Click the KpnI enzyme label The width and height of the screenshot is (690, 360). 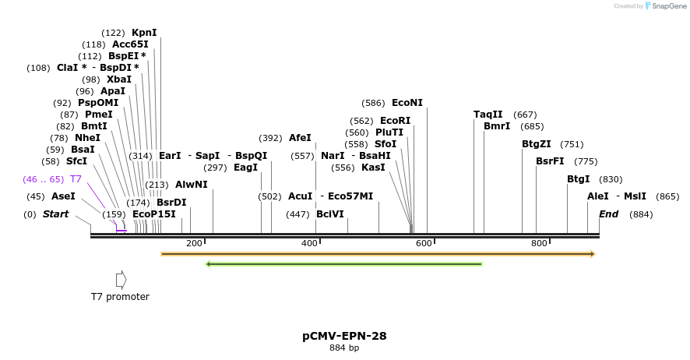(x=144, y=33)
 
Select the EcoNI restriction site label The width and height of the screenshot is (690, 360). (x=407, y=103)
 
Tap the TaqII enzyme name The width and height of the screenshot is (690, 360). (x=488, y=115)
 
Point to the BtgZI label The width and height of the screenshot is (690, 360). (x=537, y=144)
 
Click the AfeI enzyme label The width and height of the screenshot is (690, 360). (x=300, y=138)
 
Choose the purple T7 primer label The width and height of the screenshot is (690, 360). (x=76, y=179)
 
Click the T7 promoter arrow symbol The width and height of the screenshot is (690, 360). (x=121, y=279)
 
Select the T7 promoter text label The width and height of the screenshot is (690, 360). (x=120, y=297)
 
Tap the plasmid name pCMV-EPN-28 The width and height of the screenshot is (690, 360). (x=344, y=336)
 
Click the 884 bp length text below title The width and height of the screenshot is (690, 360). (x=344, y=348)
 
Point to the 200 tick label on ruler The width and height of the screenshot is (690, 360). (x=194, y=244)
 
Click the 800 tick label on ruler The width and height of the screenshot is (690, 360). (x=539, y=244)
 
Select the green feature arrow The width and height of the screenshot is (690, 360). (x=343, y=264)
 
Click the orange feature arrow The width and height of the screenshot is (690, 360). (x=378, y=254)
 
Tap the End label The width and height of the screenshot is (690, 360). (x=608, y=214)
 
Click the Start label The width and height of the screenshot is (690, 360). (x=55, y=214)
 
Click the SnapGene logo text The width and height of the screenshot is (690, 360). (x=669, y=6)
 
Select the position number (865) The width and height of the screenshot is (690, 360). (x=667, y=196)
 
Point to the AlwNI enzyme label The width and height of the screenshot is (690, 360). (x=192, y=185)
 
